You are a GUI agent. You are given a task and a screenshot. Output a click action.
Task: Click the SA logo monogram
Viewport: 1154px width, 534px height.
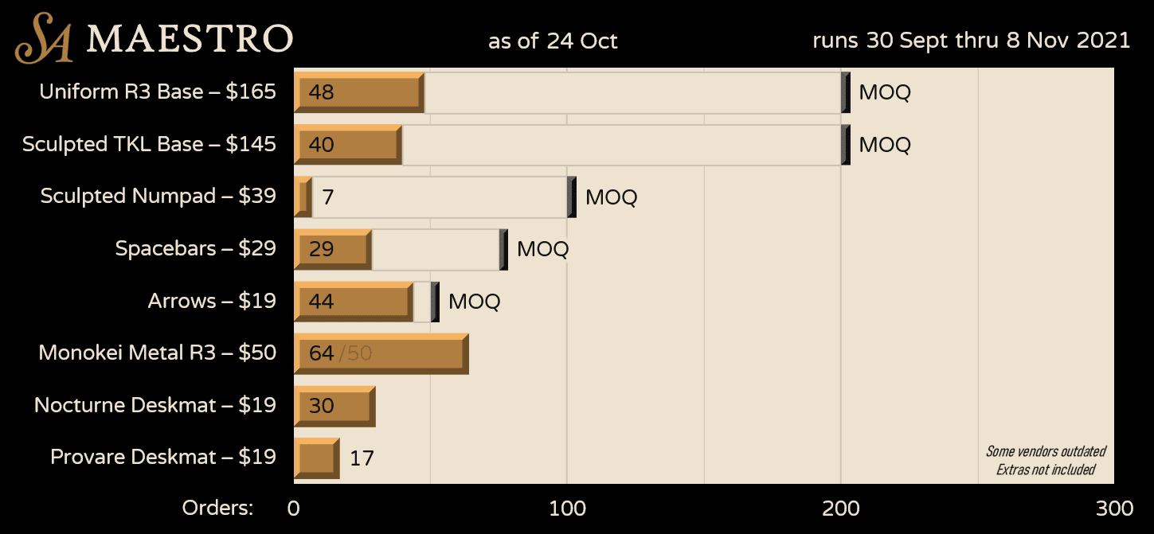(x=45, y=38)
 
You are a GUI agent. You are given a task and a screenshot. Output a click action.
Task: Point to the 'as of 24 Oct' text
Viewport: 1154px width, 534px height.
(x=553, y=41)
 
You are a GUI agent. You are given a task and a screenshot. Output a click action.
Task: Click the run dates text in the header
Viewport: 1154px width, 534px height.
(x=971, y=41)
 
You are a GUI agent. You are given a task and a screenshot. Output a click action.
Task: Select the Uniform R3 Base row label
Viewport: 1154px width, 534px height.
(x=158, y=92)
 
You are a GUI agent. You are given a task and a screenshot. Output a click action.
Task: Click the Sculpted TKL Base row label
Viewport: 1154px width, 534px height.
(x=149, y=144)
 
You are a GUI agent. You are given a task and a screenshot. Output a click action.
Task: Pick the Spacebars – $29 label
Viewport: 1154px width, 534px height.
(x=195, y=248)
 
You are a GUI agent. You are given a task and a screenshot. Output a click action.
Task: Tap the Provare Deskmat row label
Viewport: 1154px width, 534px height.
(x=163, y=457)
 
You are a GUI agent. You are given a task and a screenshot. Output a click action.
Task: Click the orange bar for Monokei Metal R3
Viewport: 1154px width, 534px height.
(x=381, y=353)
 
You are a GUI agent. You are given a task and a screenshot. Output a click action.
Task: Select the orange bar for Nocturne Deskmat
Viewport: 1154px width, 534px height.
(x=334, y=406)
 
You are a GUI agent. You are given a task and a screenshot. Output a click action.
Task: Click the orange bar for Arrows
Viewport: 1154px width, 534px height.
(x=354, y=301)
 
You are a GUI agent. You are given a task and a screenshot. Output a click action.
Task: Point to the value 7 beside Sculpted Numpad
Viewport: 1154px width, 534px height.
(x=327, y=197)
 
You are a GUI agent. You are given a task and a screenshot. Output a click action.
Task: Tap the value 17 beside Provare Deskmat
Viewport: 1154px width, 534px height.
(x=362, y=458)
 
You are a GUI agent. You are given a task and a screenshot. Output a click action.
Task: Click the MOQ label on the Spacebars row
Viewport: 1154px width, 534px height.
(x=542, y=249)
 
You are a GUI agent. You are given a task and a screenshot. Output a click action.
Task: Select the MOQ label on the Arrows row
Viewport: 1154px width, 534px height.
(x=474, y=302)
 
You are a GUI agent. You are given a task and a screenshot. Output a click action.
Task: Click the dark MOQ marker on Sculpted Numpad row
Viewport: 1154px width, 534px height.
(x=572, y=197)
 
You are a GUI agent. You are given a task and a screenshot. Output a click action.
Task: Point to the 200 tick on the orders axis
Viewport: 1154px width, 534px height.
(x=840, y=509)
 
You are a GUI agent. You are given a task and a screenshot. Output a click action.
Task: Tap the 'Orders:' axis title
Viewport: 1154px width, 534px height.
(x=217, y=508)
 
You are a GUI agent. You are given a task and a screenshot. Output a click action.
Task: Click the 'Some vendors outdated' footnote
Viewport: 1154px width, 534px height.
(x=1045, y=451)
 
